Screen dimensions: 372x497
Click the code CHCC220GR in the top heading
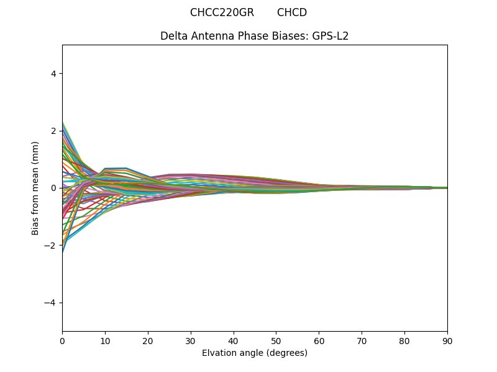click(x=222, y=12)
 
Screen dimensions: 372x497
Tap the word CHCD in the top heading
click(x=292, y=12)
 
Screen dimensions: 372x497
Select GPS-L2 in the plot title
click(x=331, y=36)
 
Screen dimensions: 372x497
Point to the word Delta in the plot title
click(x=174, y=36)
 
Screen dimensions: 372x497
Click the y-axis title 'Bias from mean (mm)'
click(x=35, y=188)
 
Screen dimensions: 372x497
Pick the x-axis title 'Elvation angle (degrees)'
click(x=255, y=353)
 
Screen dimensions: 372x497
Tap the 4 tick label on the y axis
click(x=53, y=73)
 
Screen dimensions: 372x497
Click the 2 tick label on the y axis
click(x=53, y=131)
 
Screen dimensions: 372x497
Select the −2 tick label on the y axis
click(x=51, y=246)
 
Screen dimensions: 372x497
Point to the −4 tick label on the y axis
click(x=51, y=303)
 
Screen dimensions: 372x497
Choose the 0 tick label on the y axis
click(x=53, y=188)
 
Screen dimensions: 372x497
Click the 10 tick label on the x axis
click(x=105, y=340)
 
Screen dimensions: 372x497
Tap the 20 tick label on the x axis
click(x=148, y=340)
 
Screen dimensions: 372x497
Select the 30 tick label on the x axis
click(x=191, y=340)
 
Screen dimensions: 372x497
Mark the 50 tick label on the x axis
click(x=276, y=340)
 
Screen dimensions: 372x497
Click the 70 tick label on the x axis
click(x=362, y=340)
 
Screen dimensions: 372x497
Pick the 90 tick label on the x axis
click(x=447, y=340)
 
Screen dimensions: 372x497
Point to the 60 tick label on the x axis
click(x=319, y=340)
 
